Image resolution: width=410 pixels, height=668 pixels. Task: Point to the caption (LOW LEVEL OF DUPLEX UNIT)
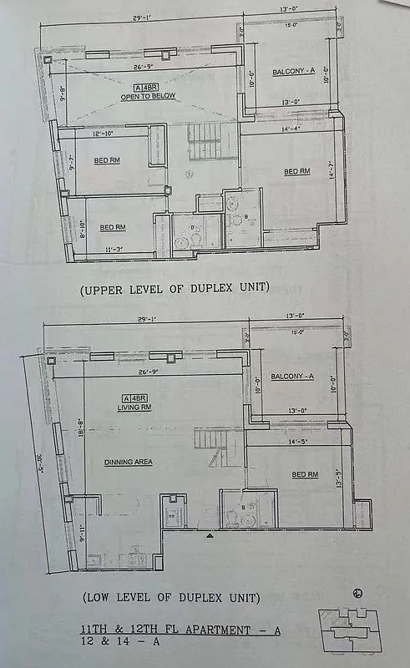pos(171,598)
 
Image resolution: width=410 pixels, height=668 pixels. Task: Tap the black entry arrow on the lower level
pos(209,533)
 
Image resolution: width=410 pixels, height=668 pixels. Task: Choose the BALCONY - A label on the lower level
pos(292,377)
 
